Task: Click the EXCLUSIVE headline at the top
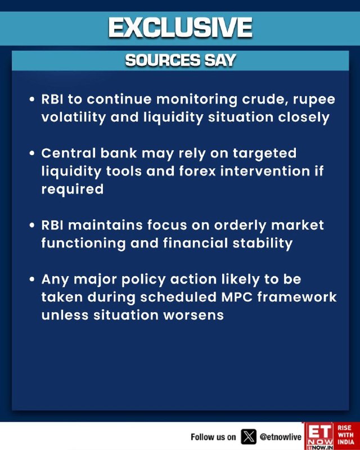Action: click(181, 28)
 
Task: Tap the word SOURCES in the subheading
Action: click(163, 60)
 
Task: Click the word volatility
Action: click(74, 118)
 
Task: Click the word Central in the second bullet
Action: click(68, 153)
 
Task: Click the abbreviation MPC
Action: click(237, 298)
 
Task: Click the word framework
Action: click(297, 298)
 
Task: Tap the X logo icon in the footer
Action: click(248, 437)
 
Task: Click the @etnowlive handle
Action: click(281, 437)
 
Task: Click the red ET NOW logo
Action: click(319, 436)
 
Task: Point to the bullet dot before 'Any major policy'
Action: click(32, 279)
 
